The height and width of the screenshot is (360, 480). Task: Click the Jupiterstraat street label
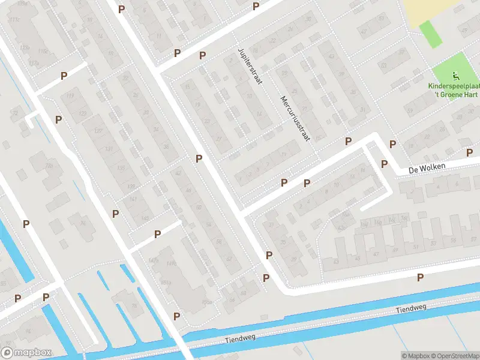pos(250,66)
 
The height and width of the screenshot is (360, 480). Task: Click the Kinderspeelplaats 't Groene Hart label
pos(455,90)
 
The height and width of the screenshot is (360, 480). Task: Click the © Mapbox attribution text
pos(415,355)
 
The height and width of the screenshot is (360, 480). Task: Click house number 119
pos(71,95)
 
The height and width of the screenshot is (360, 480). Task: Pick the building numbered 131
pos(109,148)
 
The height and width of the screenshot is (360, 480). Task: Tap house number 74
pos(83,224)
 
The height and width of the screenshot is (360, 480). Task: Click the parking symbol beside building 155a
pos(177,316)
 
